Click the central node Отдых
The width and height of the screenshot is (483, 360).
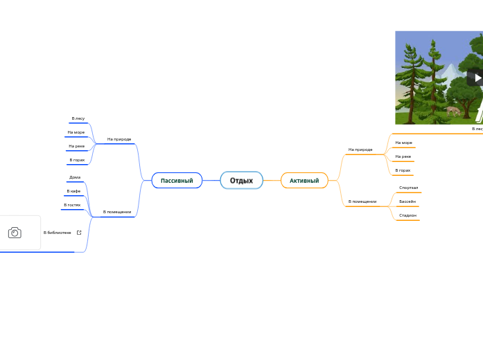tap(241, 181)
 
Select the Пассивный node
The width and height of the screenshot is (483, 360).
tap(177, 181)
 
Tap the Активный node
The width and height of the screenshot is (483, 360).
tap(304, 181)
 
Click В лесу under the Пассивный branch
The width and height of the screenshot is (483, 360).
tap(78, 118)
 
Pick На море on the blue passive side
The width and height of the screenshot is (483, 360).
tap(76, 132)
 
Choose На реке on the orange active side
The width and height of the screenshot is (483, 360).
tap(403, 156)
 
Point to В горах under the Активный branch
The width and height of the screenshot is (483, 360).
tap(403, 170)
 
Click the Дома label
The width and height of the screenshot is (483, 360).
tap(75, 177)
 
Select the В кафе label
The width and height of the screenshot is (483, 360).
tap(73, 191)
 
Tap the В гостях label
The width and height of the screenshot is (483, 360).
tap(72, 205)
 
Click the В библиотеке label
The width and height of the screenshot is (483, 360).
tap(58, 233)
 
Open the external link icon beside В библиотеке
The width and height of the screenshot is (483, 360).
tap(79, 233)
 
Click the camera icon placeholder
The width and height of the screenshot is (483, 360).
tap(15, 233)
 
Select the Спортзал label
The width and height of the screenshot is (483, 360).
tap(409, 188)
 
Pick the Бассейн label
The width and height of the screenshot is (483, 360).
tap(407, 201)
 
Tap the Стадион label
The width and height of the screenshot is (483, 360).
tap(407, 215)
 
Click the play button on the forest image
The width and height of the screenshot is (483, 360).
tap(477, 77)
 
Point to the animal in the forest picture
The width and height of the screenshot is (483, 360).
tap(452, 111)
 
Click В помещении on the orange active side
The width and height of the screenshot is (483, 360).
tap(362, 201)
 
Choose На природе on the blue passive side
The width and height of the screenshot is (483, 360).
tap(119, 139)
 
